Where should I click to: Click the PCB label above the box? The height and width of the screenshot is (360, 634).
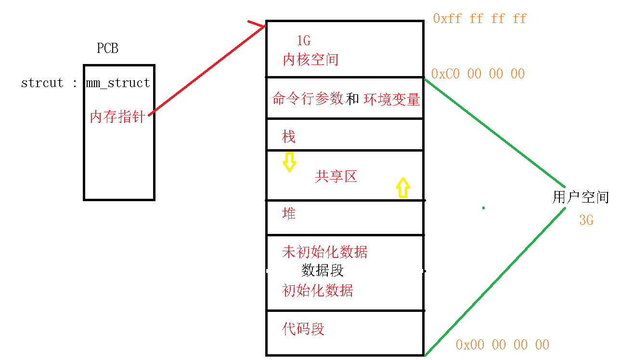click(107, 48)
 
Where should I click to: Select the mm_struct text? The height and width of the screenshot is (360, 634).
click(118, 83)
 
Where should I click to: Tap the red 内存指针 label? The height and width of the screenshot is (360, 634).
click(118, 116)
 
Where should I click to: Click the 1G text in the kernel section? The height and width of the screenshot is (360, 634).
click(303, 41)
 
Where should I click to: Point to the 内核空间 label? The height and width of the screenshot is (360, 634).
click(311, 60)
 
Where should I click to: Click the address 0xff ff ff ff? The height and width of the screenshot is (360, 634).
click(479, 19)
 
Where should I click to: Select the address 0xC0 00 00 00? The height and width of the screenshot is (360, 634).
click(478, 74)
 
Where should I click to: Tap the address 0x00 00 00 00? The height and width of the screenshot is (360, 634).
click(502, 345)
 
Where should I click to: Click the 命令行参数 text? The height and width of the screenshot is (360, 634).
click(308, 99)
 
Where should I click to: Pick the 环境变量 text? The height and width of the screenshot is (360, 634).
click(391, 99)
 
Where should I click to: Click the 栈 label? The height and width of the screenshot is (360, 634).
click(289, 137)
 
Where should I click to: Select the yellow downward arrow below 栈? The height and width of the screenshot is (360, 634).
click(289, 162)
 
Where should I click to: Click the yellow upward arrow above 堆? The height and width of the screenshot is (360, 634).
click(402, 187)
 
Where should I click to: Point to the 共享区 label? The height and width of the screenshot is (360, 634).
click(336, 177)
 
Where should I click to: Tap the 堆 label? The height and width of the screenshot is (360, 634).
click(289, 213)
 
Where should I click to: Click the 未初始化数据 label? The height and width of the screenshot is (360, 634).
click(325, 252)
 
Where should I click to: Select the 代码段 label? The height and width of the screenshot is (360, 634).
click(303, 329)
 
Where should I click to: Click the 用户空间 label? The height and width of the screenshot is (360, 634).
click(581, 197)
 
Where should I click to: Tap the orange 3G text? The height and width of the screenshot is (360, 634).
click(586, 220)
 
